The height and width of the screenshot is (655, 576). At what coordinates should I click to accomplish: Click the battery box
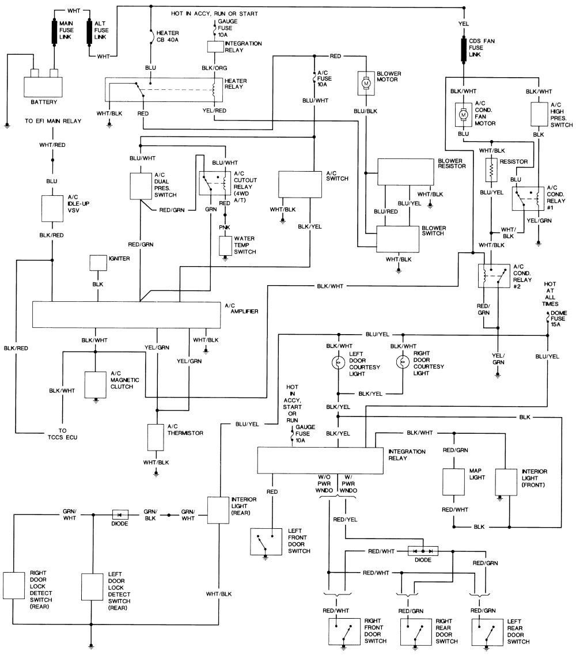pos(43,87)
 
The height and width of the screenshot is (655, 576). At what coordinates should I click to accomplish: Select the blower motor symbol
pos(366,83)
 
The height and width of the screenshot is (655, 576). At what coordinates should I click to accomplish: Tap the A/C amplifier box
pos(127,315)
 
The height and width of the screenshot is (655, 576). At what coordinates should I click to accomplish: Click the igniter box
pos(98,263)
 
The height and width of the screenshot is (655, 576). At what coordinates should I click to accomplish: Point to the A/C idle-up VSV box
pos(52,208)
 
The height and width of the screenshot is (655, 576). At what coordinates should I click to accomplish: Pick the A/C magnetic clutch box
pos(95,384)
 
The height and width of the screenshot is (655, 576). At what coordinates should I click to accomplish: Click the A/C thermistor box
pos(156,437)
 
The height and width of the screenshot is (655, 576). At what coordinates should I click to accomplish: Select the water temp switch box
pos(225,246)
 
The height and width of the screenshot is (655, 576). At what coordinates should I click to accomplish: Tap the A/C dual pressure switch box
pos(141,186)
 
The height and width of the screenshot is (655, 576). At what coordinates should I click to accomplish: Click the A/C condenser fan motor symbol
pos(463,114)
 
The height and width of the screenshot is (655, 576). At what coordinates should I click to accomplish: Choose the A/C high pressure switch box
pos(539,114)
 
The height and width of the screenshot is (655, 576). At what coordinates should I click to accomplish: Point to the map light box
pos(454,481)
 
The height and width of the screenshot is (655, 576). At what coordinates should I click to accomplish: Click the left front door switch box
pos(266,542)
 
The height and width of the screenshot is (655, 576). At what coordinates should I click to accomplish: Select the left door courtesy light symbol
pos(338,362)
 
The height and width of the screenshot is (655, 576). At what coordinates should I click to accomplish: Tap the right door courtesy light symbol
pos(402,362)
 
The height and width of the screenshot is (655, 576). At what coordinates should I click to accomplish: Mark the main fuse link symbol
pos(54,31)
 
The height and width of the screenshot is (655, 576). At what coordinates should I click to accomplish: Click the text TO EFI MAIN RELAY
pos(53,121)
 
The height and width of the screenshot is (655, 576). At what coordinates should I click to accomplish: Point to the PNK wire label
pos(225,227)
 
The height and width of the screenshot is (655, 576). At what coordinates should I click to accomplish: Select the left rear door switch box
pos(487,632)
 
